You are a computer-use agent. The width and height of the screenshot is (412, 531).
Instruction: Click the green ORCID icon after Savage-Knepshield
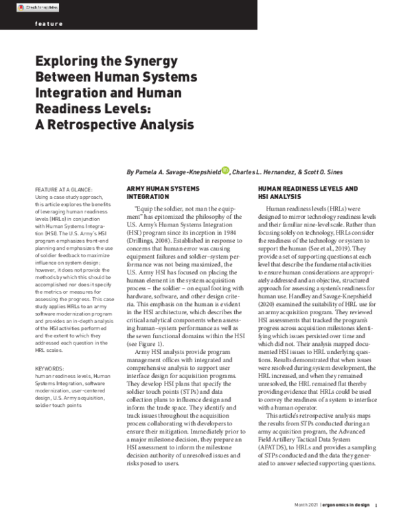point(225,170)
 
